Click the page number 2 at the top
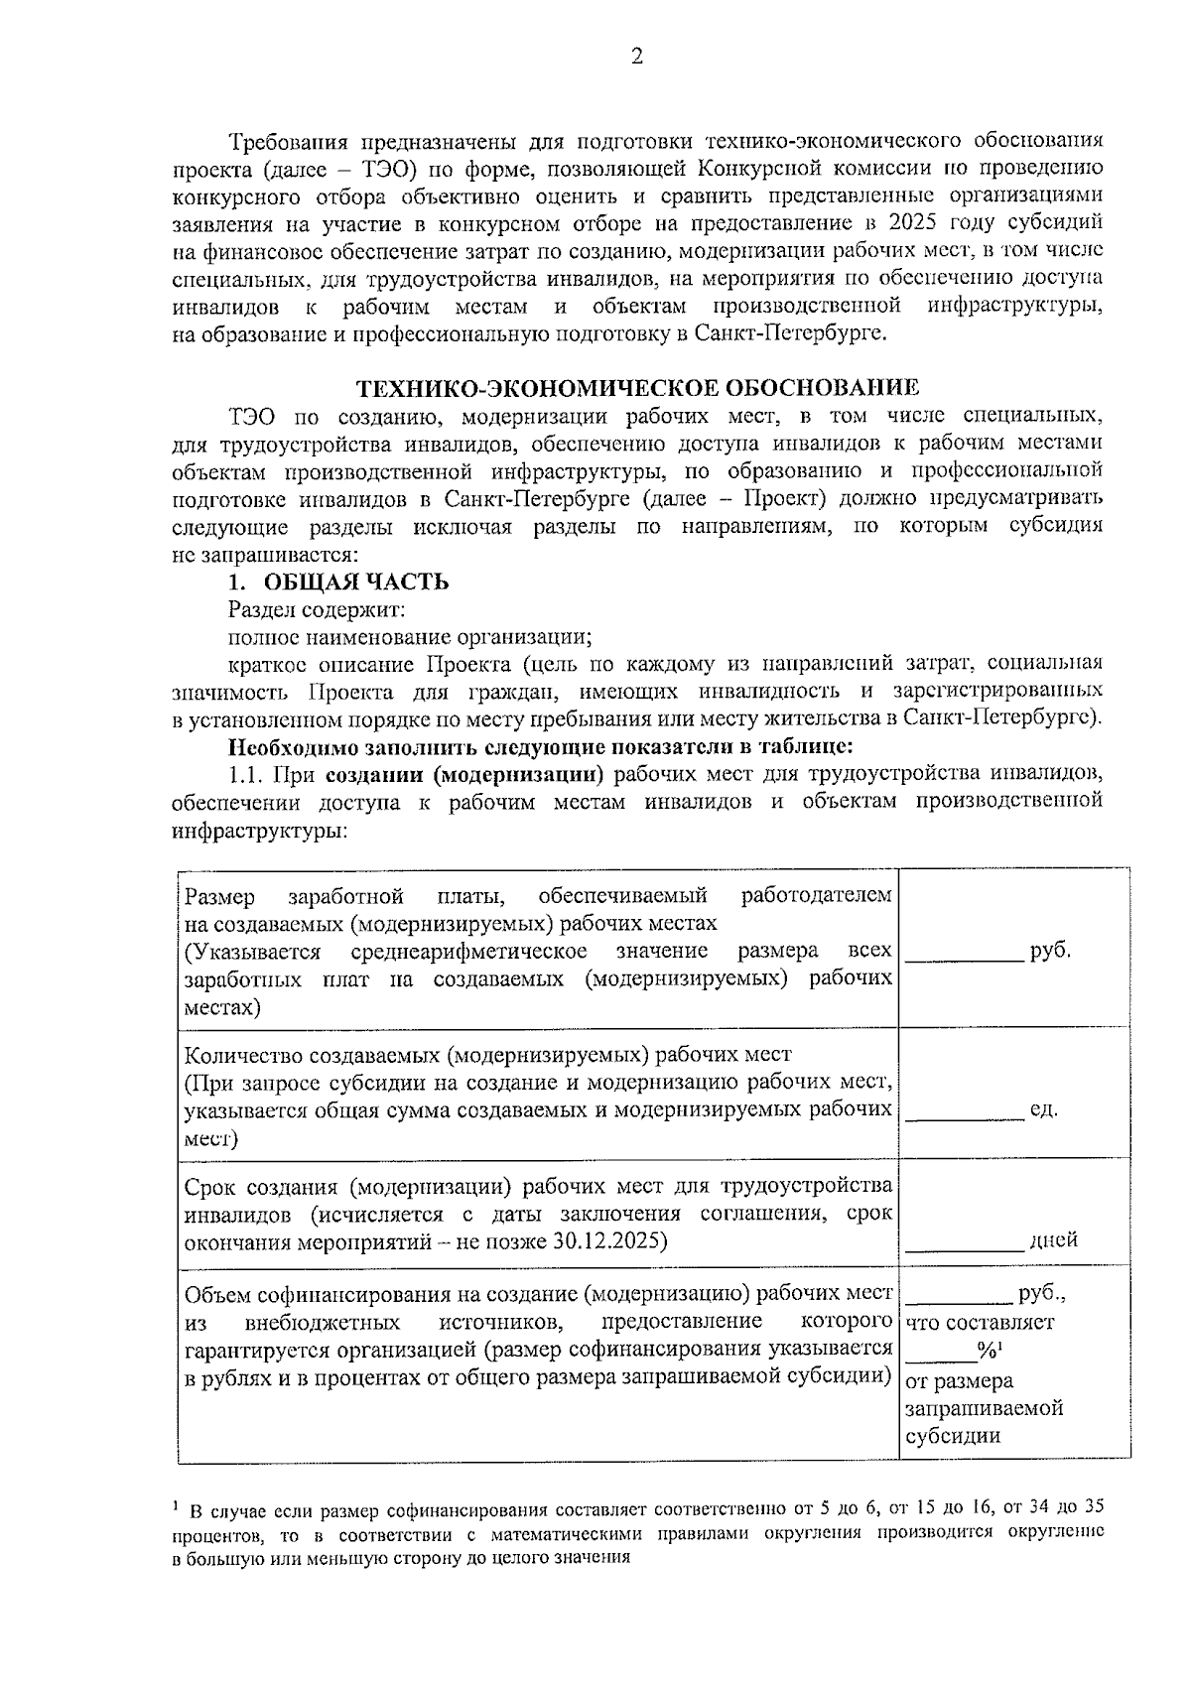click(637, 57)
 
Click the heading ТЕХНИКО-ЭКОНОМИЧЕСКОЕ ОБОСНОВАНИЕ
click(637, 387)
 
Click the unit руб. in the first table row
click(1050, 951)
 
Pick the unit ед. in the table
click(1043, 1108)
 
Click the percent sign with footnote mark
click(989, 1350)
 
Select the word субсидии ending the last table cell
click(953, 1436)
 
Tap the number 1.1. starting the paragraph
click(245, 773)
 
